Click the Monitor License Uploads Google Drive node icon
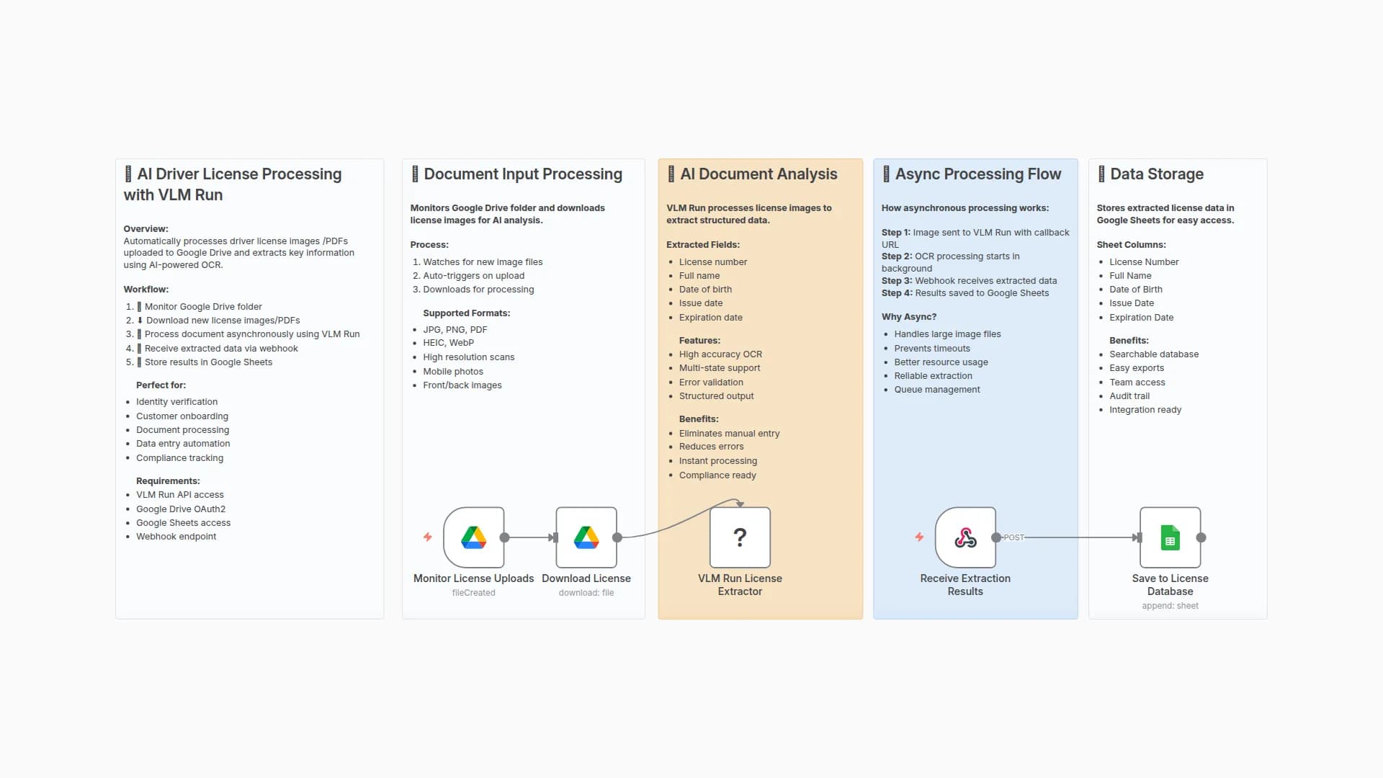click(x=473, y=537)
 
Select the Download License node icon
click(x=586, y=537)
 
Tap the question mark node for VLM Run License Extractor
click(x=740, y=537)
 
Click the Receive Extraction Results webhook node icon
click(x=965, y=537)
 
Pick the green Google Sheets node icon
click(x=1170, y=537)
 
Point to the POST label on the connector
click(x=1013, y=537)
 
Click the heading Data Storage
click(x=1156, y=174)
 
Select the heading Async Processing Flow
click(x=977, y=174)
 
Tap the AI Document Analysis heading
click(x=758, y=174)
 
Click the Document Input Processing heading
click(x=522, y=174)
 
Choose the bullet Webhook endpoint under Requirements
click(x=176, y=537)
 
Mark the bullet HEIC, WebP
click(x=448, y=343)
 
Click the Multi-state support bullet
click(x=719, y=368)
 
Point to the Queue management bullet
click(x=936, y=390)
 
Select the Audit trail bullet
click(x=1129, y=396)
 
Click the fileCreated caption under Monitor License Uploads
click(x=473, y=593)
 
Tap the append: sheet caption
click(x=1170, y=606)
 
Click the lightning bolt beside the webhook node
click(x=919, y=537)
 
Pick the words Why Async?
click(x=909, y=317)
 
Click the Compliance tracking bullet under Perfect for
click(x=179, y=458)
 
